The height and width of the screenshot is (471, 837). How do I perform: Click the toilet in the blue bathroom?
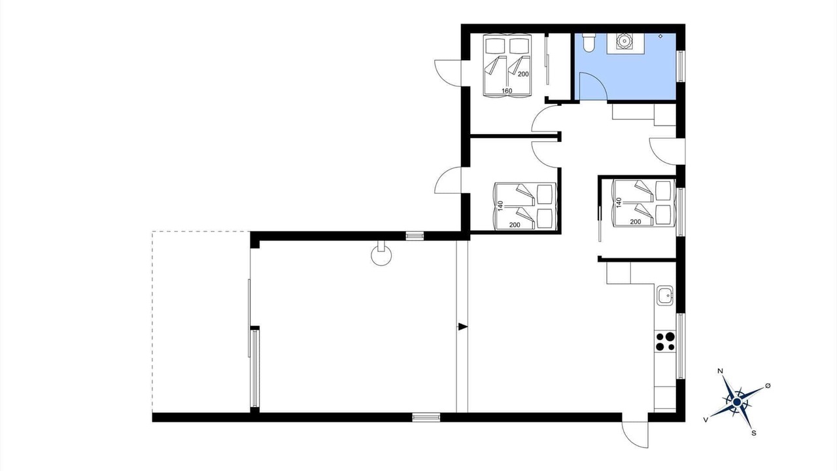tap(589, 42)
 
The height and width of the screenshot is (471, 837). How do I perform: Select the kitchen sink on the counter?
tap(665, 295)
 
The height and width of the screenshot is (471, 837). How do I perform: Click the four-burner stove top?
tap(665, 341)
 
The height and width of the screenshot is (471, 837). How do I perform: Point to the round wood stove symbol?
tap(381, 255)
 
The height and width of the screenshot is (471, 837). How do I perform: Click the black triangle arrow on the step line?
tap(463, 326)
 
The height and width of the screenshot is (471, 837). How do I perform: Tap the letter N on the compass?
tap(721, 371)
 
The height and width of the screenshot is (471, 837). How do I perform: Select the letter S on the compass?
tap(754, 433)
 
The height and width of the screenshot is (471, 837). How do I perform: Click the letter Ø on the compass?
tap(768, 386)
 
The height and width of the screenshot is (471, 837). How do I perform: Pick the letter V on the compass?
tap(706, 420)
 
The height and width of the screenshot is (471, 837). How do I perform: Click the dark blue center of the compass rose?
tap(737, 402)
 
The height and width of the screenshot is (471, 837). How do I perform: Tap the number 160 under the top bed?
tap(507, 91)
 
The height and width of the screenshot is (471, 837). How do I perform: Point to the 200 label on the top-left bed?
tap(523, 74)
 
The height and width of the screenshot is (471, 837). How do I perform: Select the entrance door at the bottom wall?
tap(635, 434)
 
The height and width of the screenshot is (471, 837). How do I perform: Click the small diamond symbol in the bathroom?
tap(660, 36)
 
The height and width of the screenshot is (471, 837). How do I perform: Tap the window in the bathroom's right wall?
tap(681, 66)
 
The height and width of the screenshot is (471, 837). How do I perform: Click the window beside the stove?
tap(681, 346)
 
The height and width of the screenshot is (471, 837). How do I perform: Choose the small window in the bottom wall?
tap(426, 417)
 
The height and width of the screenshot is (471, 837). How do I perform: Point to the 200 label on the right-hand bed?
tap(636, 222)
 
